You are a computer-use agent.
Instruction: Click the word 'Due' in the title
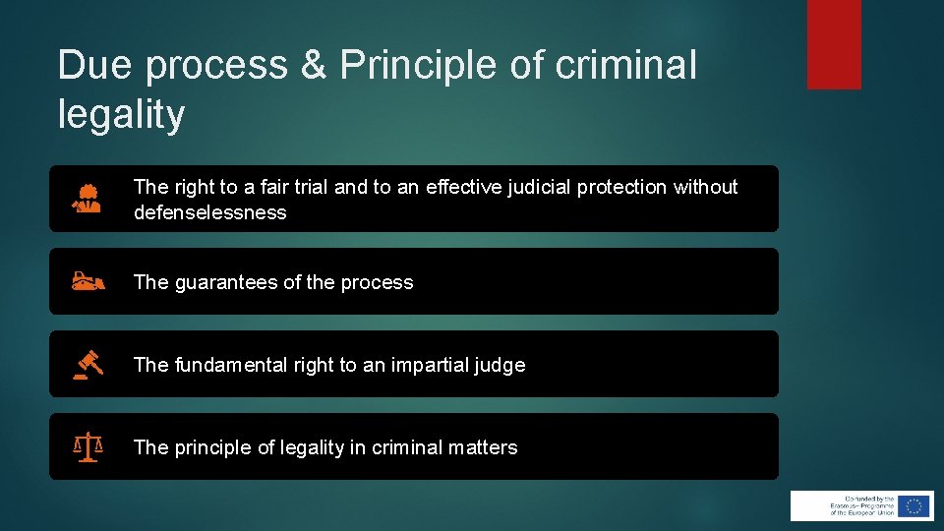pos(92,66)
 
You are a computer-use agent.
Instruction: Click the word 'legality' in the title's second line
pos(121,115)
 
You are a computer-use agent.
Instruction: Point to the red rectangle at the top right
pos(834,44)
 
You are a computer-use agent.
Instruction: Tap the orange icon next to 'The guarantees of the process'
pos(88,282)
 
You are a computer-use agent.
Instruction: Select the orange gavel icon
pos(88,365)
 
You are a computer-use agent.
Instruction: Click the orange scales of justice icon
pos(88,447)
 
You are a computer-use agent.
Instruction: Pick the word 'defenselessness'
pos(209,212)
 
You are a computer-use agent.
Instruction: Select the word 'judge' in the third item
pos(501,365)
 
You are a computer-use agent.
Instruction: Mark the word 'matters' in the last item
pos(483,447)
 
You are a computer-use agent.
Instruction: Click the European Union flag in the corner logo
pos(914,505)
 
